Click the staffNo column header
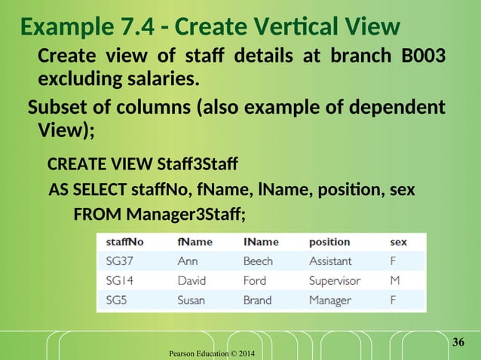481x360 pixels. (124, 243)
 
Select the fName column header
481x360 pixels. (195, 243)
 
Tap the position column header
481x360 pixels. (329, 243)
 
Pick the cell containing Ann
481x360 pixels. (188, 261)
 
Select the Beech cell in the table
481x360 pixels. (259, 261)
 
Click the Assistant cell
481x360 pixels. (330, 261)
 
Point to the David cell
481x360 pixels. (192, 281)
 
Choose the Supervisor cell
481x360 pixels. (335, 281)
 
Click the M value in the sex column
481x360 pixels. (394, 281)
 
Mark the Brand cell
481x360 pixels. (258, 300)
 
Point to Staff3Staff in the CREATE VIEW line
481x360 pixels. (197, 163)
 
